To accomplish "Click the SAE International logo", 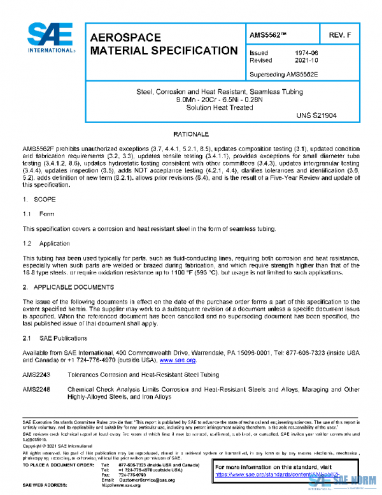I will [x=49, y=39].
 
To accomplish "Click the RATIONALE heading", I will [x=192, y=135].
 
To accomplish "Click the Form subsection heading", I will [x=47, y=213].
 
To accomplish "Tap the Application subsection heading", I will [x=54, y=244].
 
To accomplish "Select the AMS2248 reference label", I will [x=36, y=388].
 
